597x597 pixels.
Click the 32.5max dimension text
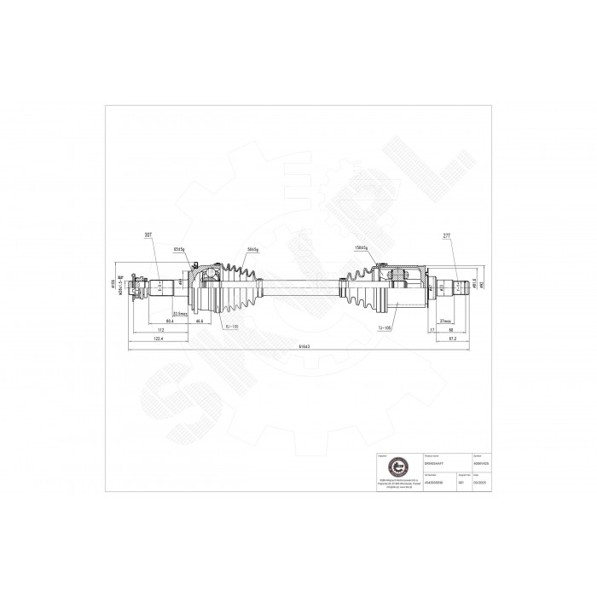pyautogui.click(x=180, y=314)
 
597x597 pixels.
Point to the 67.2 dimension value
pyautogui.click(x=454, y=339)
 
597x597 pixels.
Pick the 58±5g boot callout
pyautogui.click(x=252, y=248)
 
